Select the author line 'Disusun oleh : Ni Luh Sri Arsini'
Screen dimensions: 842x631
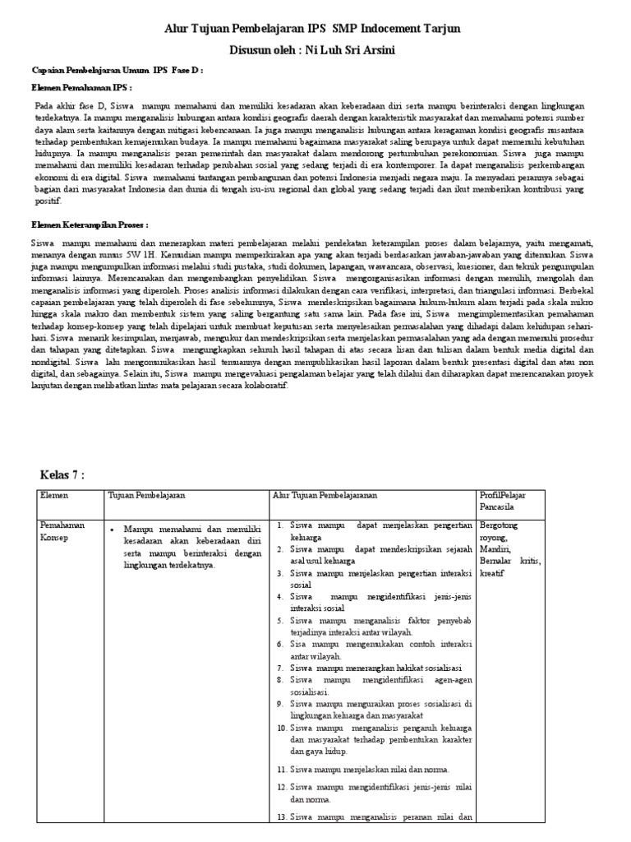point(315,50)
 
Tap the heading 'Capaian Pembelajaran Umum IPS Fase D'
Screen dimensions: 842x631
point(116,71)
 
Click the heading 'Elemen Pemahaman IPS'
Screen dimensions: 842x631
point(81,87)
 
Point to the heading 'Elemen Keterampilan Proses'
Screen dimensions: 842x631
point(90,224)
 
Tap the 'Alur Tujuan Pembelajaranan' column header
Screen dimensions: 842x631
point(331,495)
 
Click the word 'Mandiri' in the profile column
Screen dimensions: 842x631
point(495,548)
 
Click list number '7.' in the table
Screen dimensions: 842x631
point(280,669)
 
